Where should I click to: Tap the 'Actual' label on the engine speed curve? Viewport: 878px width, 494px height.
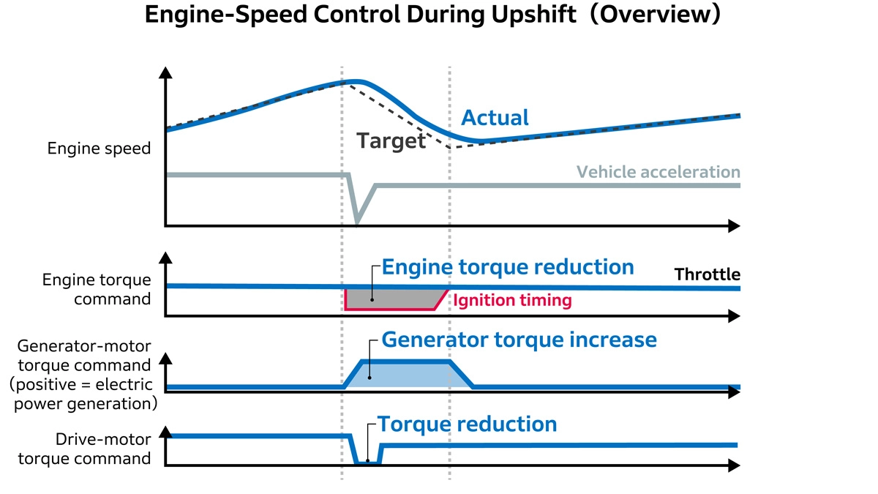tap(495, 118)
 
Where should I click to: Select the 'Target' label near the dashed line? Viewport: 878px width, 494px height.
tap(391, 141)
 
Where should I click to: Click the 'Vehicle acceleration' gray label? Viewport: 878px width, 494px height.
tap(658, 172)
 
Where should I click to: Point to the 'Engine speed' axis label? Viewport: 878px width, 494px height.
tap(99, 149)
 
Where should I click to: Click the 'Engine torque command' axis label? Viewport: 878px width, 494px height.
tap(97, 290)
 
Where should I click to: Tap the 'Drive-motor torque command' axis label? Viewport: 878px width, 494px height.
tap(103, 449)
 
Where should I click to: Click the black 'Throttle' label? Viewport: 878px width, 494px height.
tap(707, 274)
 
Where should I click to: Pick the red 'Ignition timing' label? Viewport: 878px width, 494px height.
tap(512, 300)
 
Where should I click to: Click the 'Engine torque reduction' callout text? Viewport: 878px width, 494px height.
tap(508, 267)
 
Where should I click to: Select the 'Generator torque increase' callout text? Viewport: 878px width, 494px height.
tap(519, 340)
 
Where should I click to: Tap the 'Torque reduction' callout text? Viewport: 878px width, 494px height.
tap(467, 424)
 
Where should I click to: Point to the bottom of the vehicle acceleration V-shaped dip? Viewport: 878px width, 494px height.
tap(357, 221)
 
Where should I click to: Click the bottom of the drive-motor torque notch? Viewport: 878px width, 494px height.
tap(367, 462)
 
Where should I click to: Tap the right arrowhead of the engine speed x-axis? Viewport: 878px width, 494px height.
tap(734, 226)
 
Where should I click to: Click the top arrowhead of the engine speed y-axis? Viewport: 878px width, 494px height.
tap(166, 72)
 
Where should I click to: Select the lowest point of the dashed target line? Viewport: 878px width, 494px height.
tap(449, 148)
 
